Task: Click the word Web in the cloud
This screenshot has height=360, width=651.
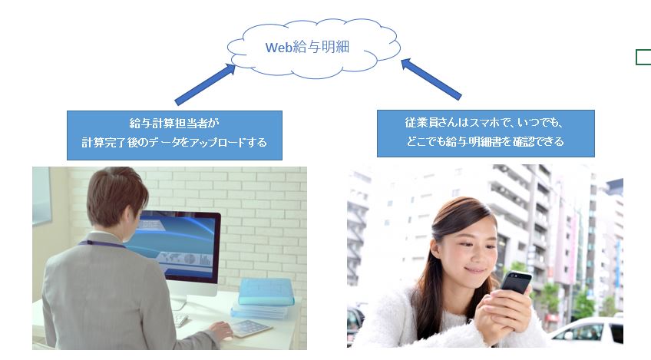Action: (x=279, y=48)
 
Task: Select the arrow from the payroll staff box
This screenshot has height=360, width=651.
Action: (x=206, y=84)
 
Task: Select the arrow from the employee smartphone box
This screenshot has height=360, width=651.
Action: (x=431, y=79)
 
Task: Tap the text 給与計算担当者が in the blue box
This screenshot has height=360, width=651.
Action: (x=174, y=124)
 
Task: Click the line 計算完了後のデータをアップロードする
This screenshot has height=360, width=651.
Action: (x=174, y=143)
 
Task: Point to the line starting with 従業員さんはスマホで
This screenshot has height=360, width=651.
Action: (x=484, y=123)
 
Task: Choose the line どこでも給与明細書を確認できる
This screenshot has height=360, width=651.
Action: (x=485, y=141)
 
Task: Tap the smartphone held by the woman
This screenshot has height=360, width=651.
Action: (x=516, y=282)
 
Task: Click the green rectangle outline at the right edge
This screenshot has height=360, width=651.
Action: (x=643, y=57)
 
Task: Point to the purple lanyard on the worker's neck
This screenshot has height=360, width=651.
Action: (x=101, y=243)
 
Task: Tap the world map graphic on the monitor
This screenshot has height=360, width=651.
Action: (x=171, y=258)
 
